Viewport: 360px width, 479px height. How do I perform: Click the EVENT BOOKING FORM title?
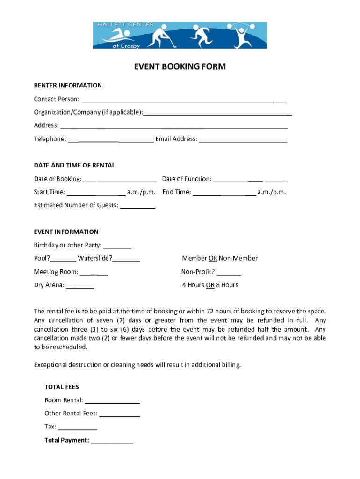tap(180, 67)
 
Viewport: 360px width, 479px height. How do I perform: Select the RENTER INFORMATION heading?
tap(68, 86)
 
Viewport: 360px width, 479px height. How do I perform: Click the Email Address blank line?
tap(243, 139)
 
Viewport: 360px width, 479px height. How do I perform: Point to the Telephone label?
tap(50, 139)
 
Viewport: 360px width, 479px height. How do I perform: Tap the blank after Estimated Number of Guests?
tap(137, 205)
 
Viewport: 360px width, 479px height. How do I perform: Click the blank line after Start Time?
tap(96, 192)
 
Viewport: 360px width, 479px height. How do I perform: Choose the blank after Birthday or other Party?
tap(117, 245)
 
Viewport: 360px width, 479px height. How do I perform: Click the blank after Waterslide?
tap(126, 258)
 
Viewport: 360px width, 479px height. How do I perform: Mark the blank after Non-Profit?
tap(229, 272)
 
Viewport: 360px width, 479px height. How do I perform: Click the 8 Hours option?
tap(227, 285)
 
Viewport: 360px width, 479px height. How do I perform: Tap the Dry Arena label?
tap(49, 285)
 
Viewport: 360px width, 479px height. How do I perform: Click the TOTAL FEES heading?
tap(62, 387)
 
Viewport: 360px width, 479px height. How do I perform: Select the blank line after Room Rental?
tap(112, 400)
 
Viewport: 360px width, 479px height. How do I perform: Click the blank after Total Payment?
tap(112, 440)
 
